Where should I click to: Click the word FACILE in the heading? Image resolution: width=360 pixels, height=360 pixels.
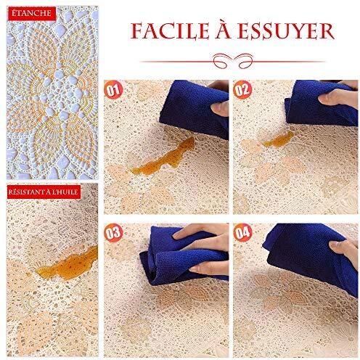(170, 31)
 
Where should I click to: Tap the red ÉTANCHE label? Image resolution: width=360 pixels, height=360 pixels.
(31, 13)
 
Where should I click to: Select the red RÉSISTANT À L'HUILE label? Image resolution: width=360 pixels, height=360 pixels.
(44, 192)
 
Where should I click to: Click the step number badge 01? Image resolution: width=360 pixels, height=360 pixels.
(113, 90)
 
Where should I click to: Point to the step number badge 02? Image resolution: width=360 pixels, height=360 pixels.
(242, 90)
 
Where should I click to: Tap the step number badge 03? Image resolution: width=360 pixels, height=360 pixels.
(113, 233)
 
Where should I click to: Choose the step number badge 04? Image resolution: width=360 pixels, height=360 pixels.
(243, 233)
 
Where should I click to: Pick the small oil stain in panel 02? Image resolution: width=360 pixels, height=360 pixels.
(279, 140)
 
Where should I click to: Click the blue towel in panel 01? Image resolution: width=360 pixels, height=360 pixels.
(194, 109)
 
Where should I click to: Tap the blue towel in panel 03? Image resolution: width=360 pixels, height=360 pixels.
(179, 256)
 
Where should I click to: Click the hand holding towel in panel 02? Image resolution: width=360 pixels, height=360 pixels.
(340, 96)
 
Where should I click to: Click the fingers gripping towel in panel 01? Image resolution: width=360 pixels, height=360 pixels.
(220, 107)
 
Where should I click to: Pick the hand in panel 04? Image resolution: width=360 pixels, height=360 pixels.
(345, 252)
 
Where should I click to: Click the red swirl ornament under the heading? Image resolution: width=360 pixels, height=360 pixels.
(233, 60)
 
